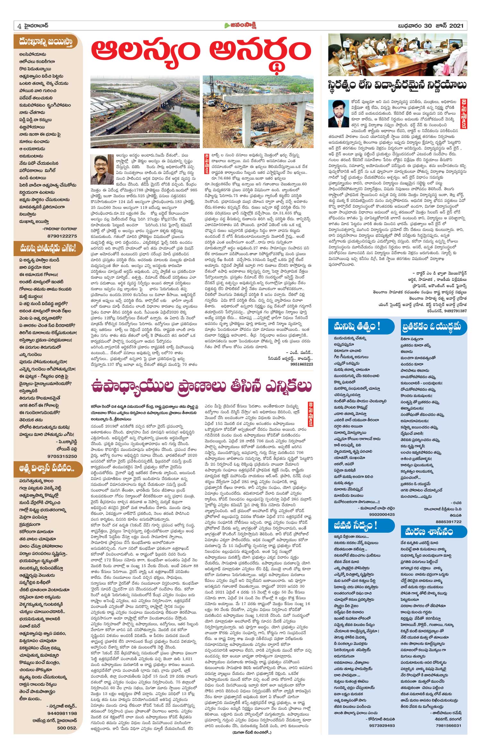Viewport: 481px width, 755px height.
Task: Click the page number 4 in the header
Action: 19,26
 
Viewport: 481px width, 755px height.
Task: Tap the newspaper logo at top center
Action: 240,26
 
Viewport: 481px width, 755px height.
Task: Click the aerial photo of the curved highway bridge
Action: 145,111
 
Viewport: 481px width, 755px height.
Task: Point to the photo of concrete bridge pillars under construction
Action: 258,111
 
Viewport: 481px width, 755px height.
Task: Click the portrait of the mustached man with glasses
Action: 102,169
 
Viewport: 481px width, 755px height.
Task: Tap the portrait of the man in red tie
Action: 338,113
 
